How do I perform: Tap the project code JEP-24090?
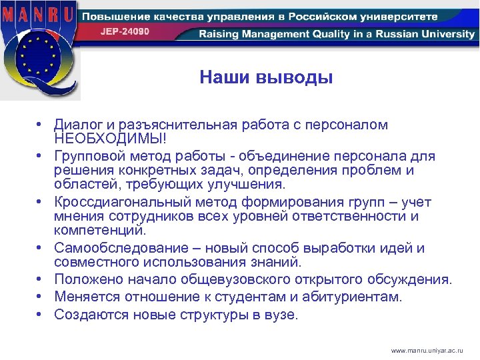click(125, 31)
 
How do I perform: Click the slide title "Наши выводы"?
click(266, 79)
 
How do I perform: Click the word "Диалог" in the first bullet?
click(76, 125)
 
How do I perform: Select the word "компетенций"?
click(98, 230)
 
